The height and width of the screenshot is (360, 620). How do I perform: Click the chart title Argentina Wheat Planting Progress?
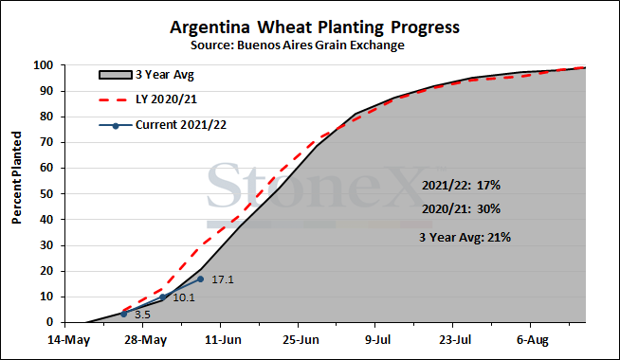pyautogui.click(x=315, y=28)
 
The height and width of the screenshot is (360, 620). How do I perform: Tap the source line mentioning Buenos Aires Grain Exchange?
pyautogui.click(x=298, y=45)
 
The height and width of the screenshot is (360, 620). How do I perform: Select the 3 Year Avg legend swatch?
pyautogui.click(x=115, y=75)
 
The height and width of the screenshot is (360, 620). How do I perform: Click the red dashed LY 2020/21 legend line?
pyautogui.click(x=113, y=99)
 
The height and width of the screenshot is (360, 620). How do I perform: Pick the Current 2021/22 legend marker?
pyautogui.click(x=116, y=126)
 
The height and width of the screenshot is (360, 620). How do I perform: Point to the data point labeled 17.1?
pyautogui.click(x=200, y=279)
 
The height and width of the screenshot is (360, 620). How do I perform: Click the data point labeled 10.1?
pyautogui.click(x=162, y=297)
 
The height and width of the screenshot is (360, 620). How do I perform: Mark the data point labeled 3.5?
pyautogui.click(x=124, y=314)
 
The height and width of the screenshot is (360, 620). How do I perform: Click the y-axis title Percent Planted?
pyautogui.click(x=17, y=178)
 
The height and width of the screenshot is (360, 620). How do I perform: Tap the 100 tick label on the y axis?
pyautogui.click(x=43, y=65)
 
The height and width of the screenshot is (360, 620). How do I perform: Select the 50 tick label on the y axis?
pyautogui.click(x=46, y=194)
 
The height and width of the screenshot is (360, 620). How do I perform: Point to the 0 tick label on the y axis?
pyautogui.click(x=50, y=322)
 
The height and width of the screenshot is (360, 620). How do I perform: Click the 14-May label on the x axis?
pyautogui.click(x=69, y=340)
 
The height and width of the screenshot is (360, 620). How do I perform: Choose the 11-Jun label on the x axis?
pyautogui.click(x=223, y=340)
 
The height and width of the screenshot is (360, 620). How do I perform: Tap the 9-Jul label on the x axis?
pyautogui.click(x=377, y=340)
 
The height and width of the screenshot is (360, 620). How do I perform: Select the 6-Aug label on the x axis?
pyautogui.click(x=533, y=340)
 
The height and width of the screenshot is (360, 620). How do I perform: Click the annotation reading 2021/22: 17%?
pyautogui.click(x=461, y=186)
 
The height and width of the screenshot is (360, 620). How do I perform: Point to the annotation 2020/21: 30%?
pyautogui.click(x=461, y=208)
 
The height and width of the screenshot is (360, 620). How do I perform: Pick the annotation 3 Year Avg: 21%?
pyautogui.click(x=465, y=237)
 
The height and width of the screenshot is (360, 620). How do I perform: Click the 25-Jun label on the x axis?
pyautogui.click(x=301, y=340)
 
